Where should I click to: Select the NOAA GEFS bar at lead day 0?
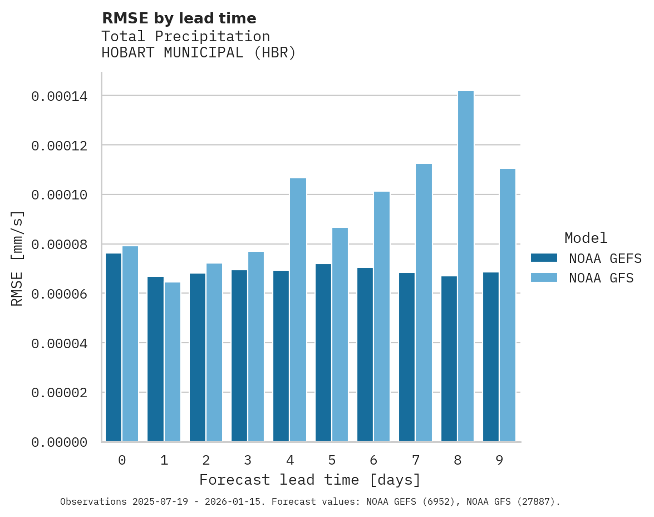pos(114,348)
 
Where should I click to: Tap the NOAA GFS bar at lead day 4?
pos(298,310)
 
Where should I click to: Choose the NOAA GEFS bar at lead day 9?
pos(491,357)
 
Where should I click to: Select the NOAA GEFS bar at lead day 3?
pos(239,356)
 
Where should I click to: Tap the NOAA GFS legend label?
pos(601,278)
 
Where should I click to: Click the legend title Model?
pos(586,238)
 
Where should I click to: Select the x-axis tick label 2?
pos(206,460)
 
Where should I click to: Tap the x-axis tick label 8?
pos(458,460)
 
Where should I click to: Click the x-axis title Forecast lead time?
pos(310,480)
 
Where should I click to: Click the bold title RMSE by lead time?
pos(179,18)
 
